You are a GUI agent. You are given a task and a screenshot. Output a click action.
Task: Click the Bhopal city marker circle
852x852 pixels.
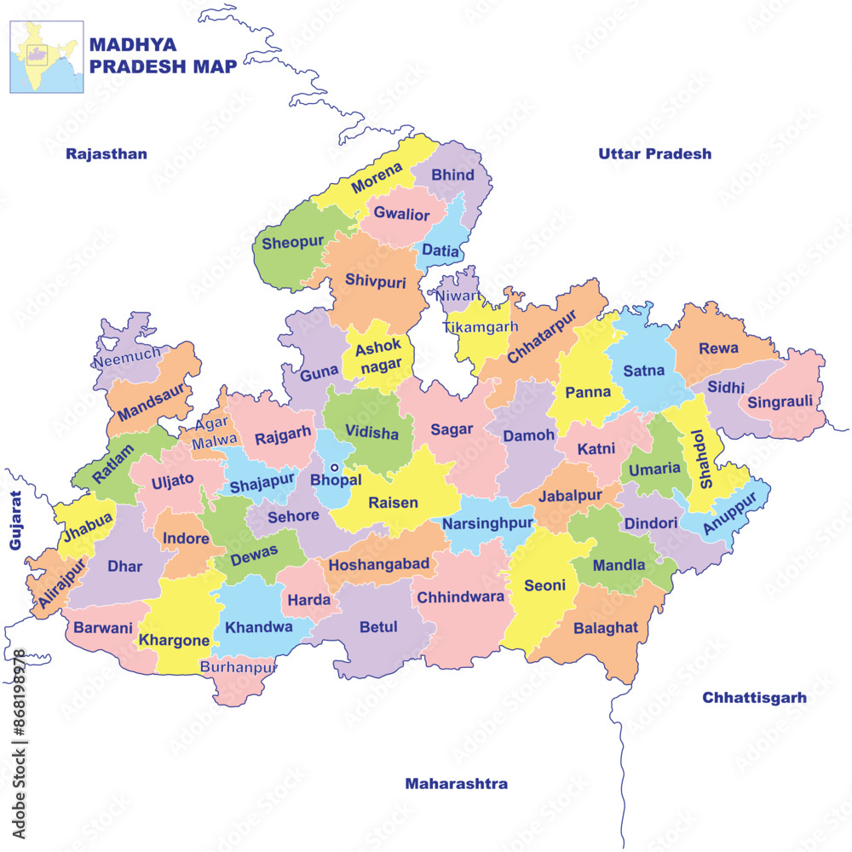[x=335, y=467]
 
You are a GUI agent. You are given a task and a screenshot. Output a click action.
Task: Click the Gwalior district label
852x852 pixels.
[x=401, y=215]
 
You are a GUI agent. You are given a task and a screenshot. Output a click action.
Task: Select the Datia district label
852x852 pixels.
[x=440, y=252]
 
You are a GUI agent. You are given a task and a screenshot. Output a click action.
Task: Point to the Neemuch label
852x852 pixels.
[x=127, y=358]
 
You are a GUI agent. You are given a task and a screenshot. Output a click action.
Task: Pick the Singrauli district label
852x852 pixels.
[x=780, y=401]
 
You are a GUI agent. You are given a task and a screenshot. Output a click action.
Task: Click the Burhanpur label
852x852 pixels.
[x=239, y=667]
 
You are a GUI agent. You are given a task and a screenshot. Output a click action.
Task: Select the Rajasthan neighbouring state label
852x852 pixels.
[x=106, y=154]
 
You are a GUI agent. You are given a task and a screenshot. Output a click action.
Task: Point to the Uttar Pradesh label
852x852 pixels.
[x=654, y=154]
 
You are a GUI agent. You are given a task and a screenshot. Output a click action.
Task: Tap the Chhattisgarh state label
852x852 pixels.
[x=754, y=698]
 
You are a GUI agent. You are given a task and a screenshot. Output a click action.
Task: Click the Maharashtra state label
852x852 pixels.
[x=456, y=784]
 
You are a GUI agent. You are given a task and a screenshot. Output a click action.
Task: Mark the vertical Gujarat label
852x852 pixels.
[x=15, y=520]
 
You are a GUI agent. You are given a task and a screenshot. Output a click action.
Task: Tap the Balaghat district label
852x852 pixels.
[x=605, y=628]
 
